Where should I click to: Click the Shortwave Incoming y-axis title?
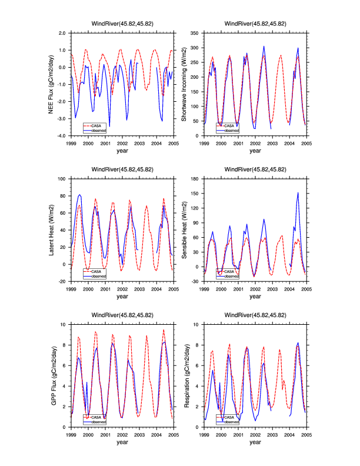coord(184,84)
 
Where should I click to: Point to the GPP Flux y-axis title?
coord(54,375)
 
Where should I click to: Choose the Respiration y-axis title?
coord(184,375)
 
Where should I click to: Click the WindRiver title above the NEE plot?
coord(122,24)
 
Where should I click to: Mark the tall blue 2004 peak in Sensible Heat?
coord(298,193)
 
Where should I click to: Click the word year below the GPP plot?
coord(122,442)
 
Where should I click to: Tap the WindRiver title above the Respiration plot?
coord(255,315)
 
